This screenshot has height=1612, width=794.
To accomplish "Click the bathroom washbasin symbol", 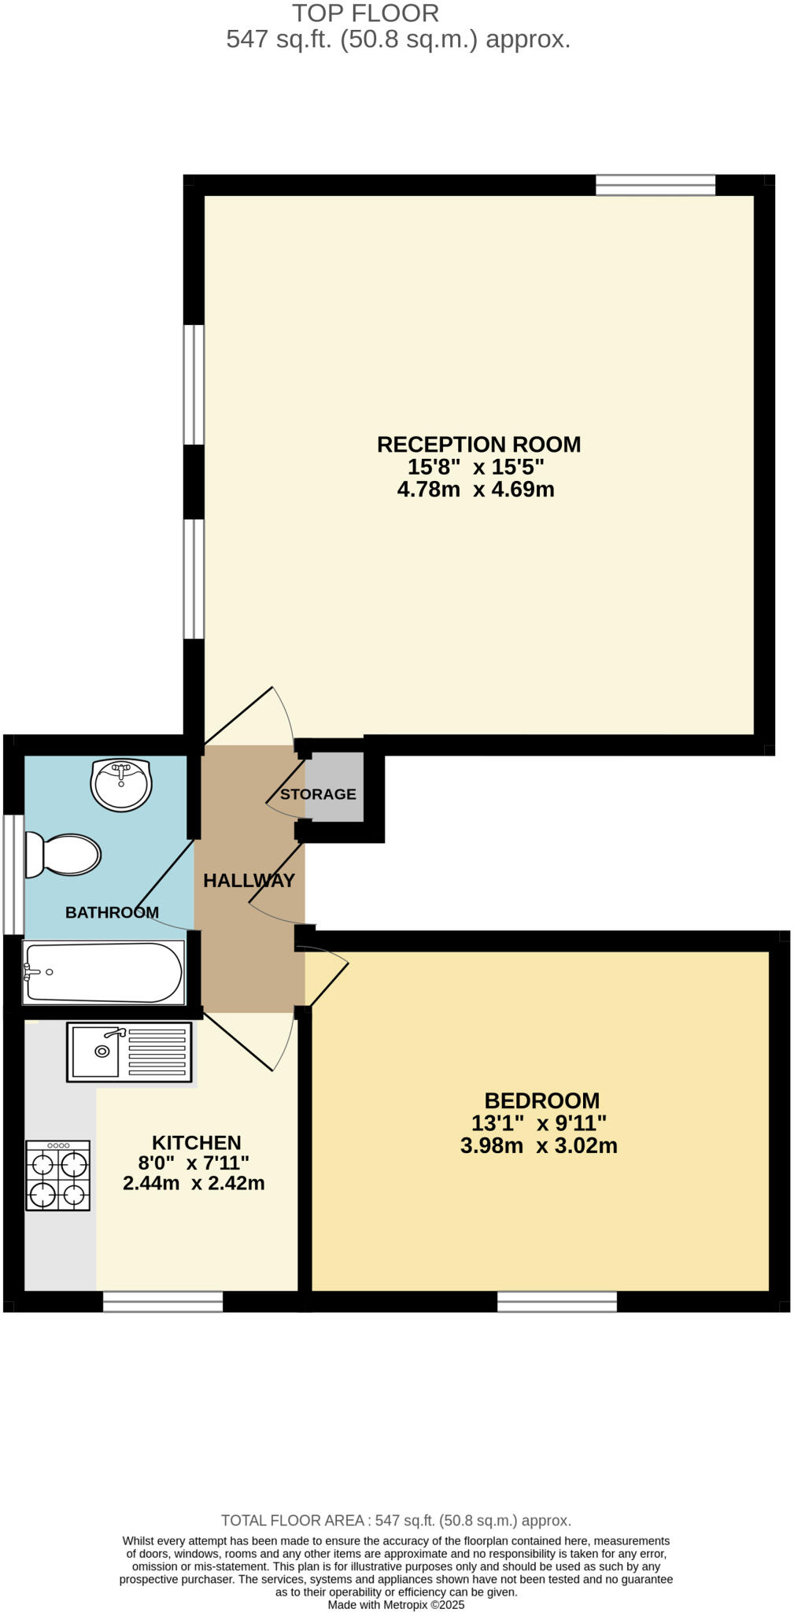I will click(x=120, y=784).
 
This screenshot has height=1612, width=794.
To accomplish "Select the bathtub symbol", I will click(x=103, y=972).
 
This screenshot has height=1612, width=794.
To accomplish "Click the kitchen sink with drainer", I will click(x=129, y=1051).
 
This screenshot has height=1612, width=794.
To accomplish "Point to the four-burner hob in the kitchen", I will click(x=58, y=1175).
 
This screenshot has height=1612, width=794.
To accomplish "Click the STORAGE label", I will click(x=318, y=794).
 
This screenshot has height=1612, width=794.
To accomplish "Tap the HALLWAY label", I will click(x=249, y=880).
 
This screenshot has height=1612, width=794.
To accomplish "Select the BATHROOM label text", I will click(x=112, y=912).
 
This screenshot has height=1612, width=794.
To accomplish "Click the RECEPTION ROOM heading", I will click(x=478, y=445).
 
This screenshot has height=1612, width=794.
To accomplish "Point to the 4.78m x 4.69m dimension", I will click(x=475, y=490).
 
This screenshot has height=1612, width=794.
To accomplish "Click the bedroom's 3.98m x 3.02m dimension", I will click(x=538, y=1145).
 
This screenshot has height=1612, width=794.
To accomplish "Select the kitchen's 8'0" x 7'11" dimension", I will click(x=194, y=1163).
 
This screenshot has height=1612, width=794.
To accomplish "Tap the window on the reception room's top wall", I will click(x=655, y=186).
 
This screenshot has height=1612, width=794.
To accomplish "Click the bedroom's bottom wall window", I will click(x=556, y=1303).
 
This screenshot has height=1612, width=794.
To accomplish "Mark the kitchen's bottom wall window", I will click(x=163, y=1303).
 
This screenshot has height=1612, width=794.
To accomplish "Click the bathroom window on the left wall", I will click(x=13, y=874).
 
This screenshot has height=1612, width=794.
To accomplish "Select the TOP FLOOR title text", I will click(x=365, y=13).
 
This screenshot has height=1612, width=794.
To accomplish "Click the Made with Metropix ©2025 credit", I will click(x=396, y=1605).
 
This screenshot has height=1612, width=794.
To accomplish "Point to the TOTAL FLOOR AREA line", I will click(x=396, y=1521).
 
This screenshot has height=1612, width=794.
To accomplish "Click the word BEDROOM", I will click(x=541, y=1100).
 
